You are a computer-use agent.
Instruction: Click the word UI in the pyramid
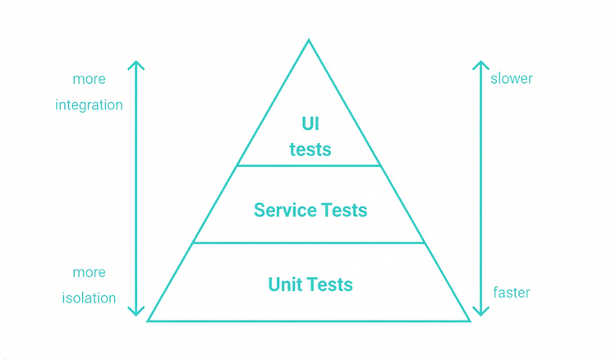[x=310, y=124]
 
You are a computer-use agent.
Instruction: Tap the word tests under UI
[x=310, y=150]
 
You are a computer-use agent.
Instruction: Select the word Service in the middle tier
[x=284, y=210]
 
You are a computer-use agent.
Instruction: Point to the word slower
[x=512, y=79]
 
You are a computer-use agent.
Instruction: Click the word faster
[x=512, y=293]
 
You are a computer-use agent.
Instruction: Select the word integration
[x=89, y=105]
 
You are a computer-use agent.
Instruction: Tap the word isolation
[x=89, y=298]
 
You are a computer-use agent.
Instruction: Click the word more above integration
[x=89, y=80]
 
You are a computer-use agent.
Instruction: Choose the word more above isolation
[x=89, y=272]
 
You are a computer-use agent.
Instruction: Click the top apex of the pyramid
[x=309, y=40]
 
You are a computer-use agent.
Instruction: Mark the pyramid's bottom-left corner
[x=149, y=320]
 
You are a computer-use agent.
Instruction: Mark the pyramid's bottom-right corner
[x=470, y=320]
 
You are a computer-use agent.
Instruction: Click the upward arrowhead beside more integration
[x=136, y=64]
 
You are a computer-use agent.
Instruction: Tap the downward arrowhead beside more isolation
[x=136, y=312]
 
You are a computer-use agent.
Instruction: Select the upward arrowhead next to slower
[x=481, y=64]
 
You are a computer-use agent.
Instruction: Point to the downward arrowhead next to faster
[x=481, y=312]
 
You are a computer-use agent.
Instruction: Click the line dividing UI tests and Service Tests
[x=309, y=166]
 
